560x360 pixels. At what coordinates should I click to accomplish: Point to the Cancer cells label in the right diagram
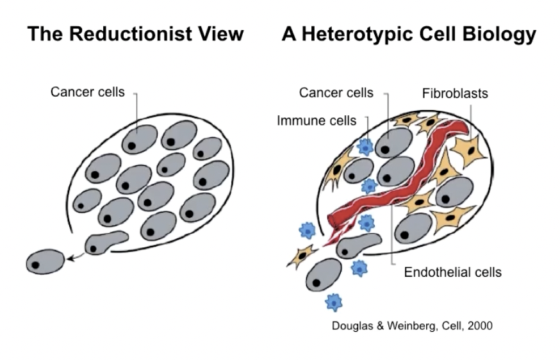point(336,92)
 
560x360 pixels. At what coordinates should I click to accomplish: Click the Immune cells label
point(317,120)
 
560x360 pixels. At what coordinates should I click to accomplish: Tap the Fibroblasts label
point(455,94)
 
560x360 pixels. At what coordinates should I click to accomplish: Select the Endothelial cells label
point(452,272)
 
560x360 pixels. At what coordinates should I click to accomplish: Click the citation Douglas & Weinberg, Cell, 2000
point(412,325)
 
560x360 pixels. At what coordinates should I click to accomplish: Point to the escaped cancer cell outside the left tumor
point(45,261)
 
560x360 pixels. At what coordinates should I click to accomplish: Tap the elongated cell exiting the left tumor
point(106,241)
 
